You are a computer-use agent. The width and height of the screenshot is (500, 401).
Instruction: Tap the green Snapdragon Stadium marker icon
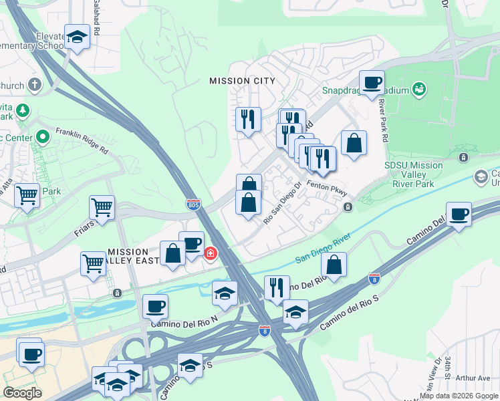point(420,88)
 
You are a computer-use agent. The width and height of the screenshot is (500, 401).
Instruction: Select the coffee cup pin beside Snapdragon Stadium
point(372,83)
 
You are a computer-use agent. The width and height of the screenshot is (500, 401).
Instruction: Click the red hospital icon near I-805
point(210,254)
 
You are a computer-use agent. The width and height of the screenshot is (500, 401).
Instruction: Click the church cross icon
point(34,86)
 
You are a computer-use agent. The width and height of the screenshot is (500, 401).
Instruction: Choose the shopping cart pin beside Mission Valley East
point(93,263)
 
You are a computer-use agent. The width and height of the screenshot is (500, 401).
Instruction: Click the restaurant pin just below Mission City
point(248,119)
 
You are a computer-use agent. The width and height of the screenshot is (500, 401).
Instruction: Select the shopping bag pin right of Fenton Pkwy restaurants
point(354,143)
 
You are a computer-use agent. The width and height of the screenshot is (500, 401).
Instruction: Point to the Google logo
point(22,393)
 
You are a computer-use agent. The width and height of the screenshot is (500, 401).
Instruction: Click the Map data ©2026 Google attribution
point(459,396)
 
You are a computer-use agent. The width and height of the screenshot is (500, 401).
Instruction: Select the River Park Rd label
point(384,114)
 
